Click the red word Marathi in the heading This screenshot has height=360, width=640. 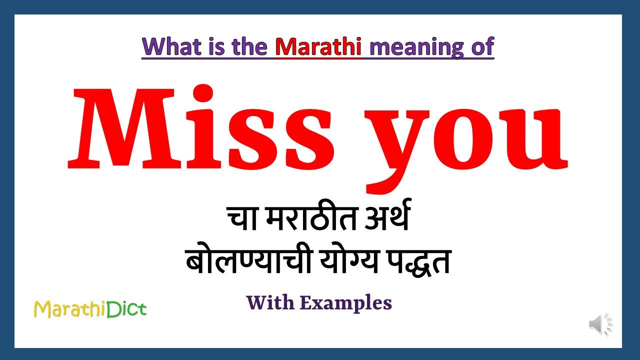(318, 46)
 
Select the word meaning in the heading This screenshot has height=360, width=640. (410, 47)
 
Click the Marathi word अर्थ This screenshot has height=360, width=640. (385, 220)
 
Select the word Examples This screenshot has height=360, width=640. (345, 303)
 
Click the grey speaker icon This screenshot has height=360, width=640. (599, 325)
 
